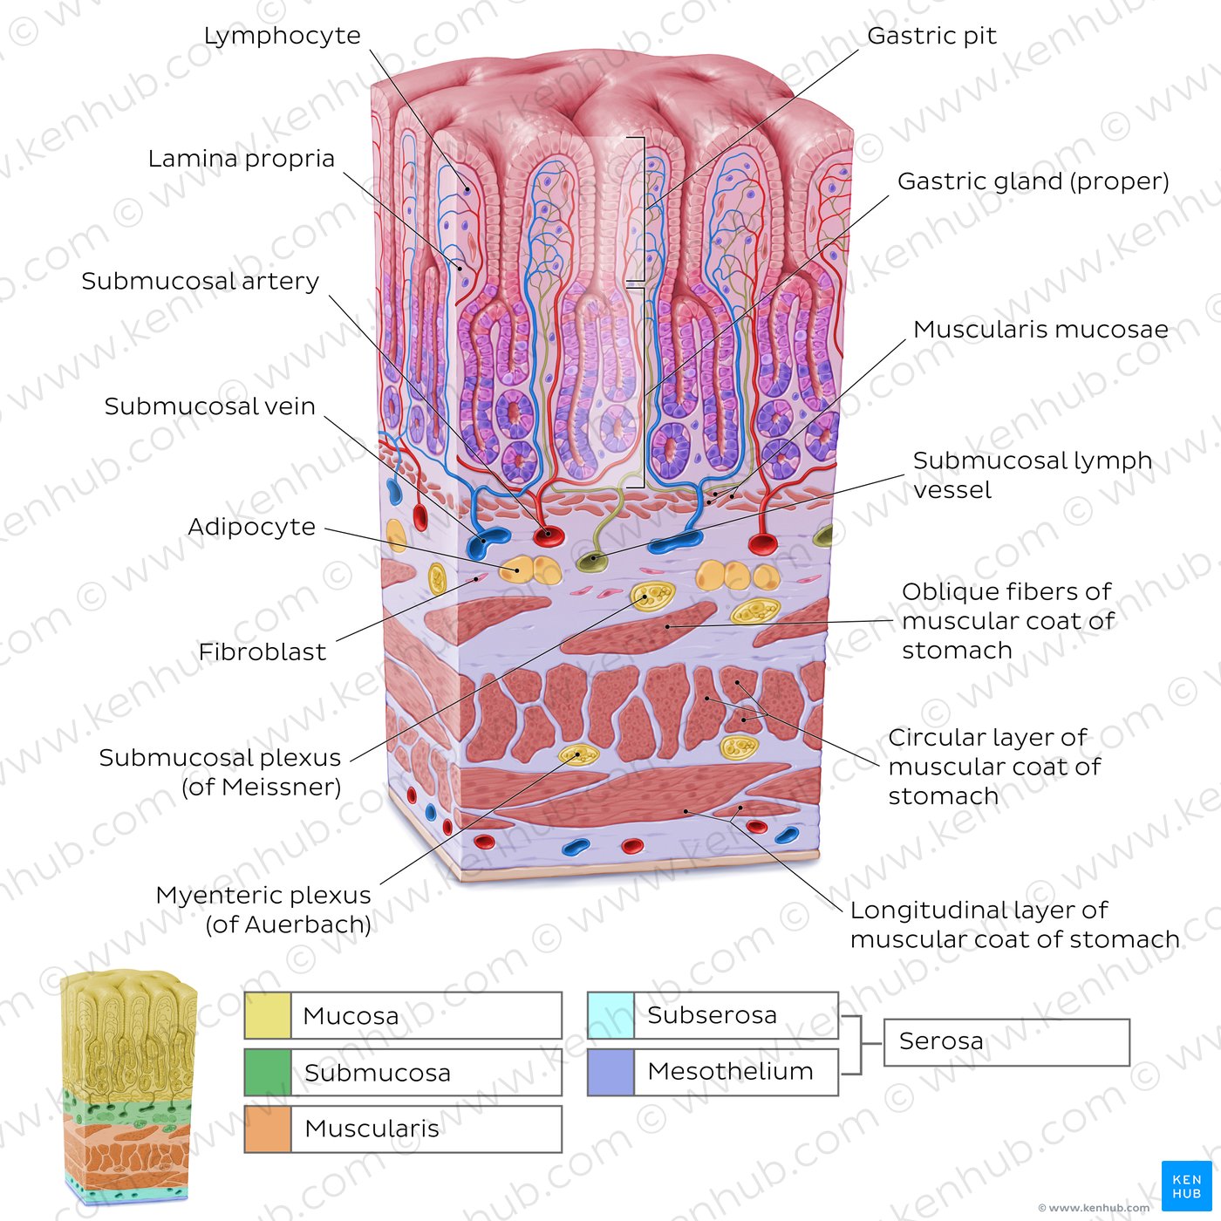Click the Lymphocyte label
[282, 36]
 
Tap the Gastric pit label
[931, 36]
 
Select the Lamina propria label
[242, 159]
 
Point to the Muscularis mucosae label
[1040, 330]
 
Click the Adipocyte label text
[251, 527]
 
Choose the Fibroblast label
[263, 652]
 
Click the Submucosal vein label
[209, 406]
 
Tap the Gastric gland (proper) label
[1033, 182]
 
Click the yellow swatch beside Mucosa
[268, 1016]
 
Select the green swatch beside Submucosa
[268, 1072]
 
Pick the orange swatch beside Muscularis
[268, 1129]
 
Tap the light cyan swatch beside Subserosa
[610, 1015]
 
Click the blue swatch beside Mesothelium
[610, 1072]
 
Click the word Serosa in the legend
[941, 1041]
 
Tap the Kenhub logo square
[1186, 1186]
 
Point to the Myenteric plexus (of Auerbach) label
[263, 910]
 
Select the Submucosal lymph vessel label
[1032, 475]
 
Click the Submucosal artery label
[201, 282]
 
